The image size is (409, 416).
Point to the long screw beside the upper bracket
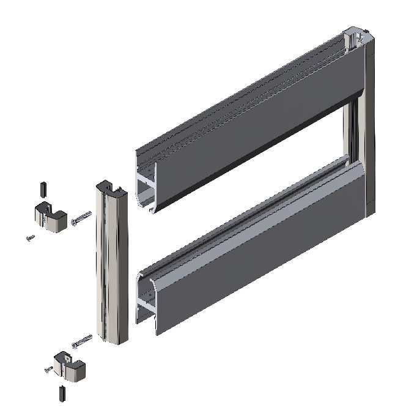81,218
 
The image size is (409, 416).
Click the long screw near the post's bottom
81,341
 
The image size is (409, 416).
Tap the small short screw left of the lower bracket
49,368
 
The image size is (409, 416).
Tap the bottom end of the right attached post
369,211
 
